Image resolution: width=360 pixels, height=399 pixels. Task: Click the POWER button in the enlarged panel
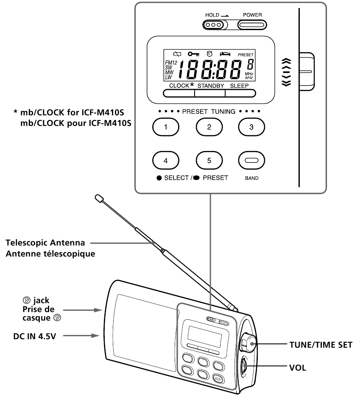pos(252,25)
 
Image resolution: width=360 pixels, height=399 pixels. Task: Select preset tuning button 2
pos(209,126)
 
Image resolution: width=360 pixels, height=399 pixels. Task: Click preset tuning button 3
pos(251,126)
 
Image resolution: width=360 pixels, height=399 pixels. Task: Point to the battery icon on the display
pos(178,54)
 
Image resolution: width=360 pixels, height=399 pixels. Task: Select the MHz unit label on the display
pos(249,73)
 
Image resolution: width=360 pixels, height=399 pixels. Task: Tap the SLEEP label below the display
pos(239,86)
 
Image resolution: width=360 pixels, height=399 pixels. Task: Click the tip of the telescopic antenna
pos(99,198)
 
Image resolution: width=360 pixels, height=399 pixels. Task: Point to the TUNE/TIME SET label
pos(320,345)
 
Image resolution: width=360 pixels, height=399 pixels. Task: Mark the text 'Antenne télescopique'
pos(50,254)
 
